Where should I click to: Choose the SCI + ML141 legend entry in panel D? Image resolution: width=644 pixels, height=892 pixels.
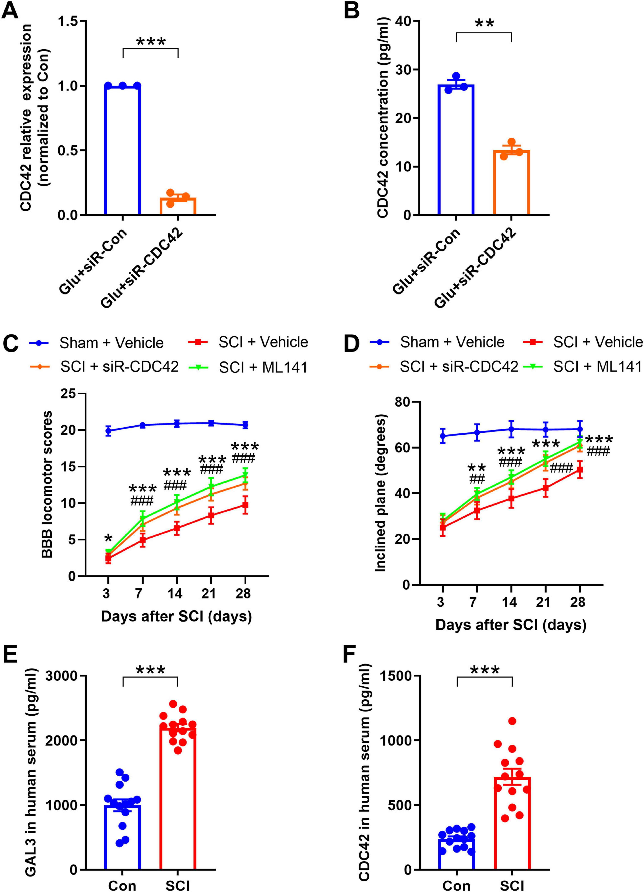click(597, 367)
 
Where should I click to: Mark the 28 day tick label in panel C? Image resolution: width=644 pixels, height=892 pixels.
click(244, 593)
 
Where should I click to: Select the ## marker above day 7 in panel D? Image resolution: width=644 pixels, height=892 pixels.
click(477, 479)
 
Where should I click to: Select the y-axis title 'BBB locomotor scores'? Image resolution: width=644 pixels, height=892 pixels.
click(47, 485)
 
